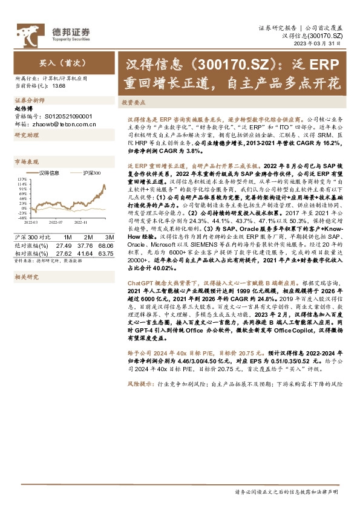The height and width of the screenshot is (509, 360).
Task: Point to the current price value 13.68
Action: [x=59, y=86]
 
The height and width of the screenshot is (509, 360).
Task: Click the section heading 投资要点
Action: [x=133, y=103]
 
